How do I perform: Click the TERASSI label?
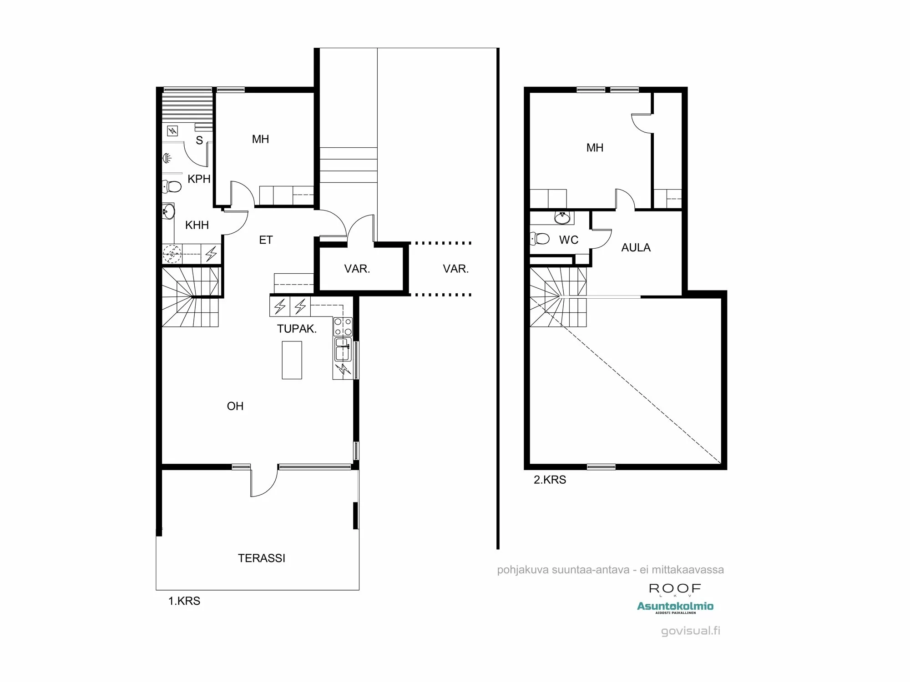[262, 558]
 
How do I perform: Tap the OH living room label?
[235, 406]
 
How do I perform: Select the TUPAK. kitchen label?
[297, 329]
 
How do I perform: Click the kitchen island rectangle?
[292, 360]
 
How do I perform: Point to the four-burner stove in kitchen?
[343, 326]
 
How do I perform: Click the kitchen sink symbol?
[343, 349]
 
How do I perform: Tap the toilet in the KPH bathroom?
[172, 186]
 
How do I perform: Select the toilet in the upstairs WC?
[540, 238]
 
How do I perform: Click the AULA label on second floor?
[636, 248]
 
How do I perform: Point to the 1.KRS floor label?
[184, 601]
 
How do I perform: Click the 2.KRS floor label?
[550, 480]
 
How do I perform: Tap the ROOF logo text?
[675, 589]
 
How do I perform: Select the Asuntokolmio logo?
[675, 606]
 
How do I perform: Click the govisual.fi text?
[690, 631]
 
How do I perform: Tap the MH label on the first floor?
[260, 139]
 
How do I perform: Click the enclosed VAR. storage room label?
[357, 269]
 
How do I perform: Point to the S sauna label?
[199, 140]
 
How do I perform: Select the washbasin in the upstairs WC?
[562, 218]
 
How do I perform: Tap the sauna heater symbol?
[172, 131]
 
